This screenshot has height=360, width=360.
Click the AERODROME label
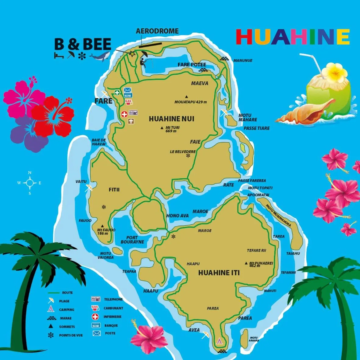pos(157,31)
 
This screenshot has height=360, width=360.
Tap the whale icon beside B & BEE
pos(100,56)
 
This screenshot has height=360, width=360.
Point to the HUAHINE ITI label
pos(219,273)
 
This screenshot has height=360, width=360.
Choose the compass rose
pos(30,183)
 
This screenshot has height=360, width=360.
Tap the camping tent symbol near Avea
pos(219,341)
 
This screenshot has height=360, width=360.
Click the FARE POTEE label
pos(192,65)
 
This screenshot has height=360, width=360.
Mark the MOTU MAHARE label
pos(248,117)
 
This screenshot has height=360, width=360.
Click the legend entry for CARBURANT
pos(113,308)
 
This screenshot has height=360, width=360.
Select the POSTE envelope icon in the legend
pos(96,333)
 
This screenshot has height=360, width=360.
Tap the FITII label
pos(114,190)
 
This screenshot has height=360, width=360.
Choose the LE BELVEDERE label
pos(183,151)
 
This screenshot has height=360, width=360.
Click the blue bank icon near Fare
pos(128,96)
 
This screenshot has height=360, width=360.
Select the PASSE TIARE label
pos(256,128)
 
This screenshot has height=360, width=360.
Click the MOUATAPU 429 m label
pos(191,102)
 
